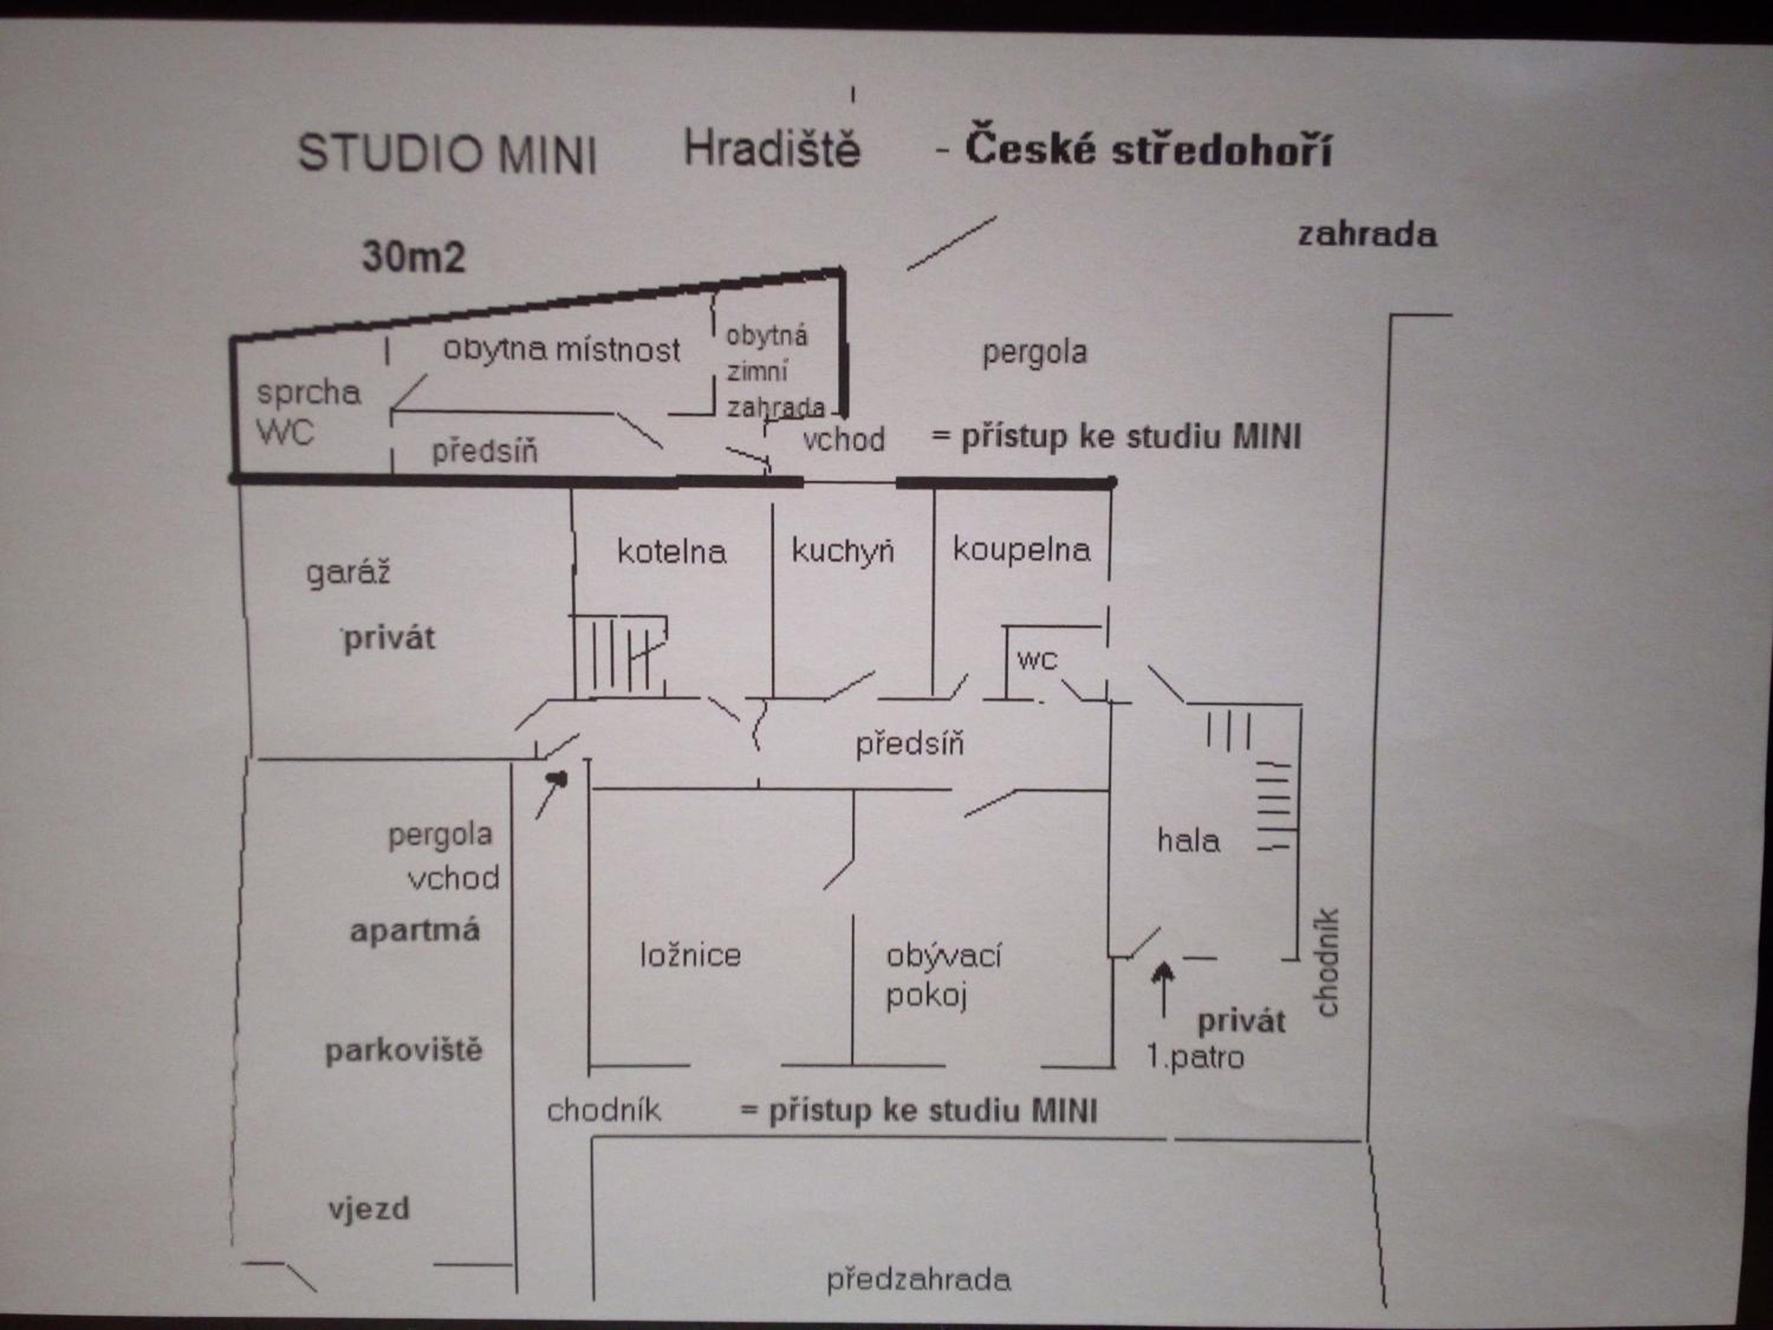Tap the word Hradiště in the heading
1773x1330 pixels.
(772, 148)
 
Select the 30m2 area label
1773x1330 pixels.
(414, 257)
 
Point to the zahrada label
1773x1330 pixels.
(1368, 235)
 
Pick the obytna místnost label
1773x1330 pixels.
(562, 349)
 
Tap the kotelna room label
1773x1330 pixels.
(672, 551)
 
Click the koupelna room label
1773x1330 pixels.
(1022, 550)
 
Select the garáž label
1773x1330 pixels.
(349, 573)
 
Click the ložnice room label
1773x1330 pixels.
(690, 955)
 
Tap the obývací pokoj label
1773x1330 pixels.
(943, 975)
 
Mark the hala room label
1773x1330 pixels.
(1189, 840)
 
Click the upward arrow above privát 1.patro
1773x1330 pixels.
(1163, 991)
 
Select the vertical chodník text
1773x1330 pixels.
(1327, 961)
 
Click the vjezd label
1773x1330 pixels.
(369, 1208)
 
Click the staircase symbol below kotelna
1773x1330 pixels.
(619, 654)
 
